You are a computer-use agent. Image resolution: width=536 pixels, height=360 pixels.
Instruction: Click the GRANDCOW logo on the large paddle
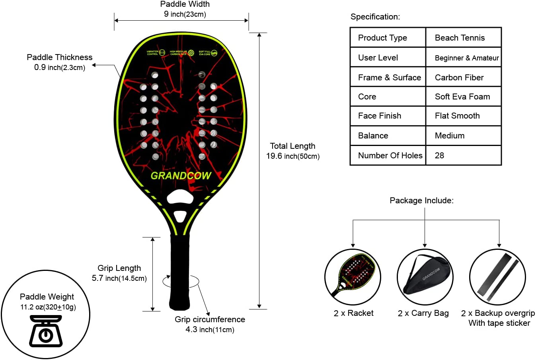[181, 175]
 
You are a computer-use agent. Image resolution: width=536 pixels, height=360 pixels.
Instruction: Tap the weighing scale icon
[46, 331]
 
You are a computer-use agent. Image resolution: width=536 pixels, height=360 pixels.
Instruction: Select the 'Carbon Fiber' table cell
[459, 78]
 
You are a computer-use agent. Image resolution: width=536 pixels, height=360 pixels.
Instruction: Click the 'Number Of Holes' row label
[390, 156]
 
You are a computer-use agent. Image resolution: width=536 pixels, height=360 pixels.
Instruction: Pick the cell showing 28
[439, 156]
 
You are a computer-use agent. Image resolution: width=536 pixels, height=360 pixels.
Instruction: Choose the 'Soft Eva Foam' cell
[462, 97]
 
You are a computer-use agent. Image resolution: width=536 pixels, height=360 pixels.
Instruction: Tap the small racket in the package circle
[353, 276]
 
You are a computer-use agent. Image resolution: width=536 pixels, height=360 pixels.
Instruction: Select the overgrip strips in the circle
[497, 277]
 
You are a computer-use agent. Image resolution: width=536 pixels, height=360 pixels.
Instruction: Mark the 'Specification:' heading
[375, 17]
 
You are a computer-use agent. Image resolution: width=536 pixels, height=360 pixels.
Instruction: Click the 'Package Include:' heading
[421, 200]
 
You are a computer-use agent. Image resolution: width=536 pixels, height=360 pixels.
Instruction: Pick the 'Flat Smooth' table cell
[457, 116]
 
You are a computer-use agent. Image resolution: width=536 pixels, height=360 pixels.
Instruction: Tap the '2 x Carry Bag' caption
[423, 313]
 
